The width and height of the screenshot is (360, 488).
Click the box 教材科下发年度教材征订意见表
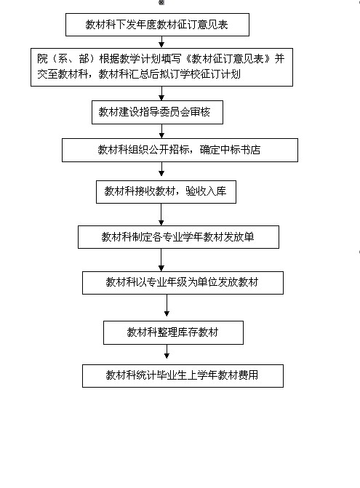(157, 25)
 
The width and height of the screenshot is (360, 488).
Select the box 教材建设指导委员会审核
(157, 112)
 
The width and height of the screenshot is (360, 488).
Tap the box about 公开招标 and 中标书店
(180, 150)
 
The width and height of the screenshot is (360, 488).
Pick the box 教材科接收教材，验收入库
(166, 192)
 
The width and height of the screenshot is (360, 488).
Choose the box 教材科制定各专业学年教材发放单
(178, 237)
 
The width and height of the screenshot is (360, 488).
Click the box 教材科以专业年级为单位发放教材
(183, 283)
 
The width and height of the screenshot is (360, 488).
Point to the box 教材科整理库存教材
(173, 332)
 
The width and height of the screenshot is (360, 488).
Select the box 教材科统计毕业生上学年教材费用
(183, 376)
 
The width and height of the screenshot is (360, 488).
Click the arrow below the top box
(161, 42)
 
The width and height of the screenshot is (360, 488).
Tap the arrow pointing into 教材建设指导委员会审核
(161, 93)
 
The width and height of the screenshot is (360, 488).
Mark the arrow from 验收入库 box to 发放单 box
(161, 215)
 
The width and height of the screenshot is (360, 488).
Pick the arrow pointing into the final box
(167, 352)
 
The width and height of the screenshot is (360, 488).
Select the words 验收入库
(206, 191)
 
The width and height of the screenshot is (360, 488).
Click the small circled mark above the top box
(161, 2)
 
